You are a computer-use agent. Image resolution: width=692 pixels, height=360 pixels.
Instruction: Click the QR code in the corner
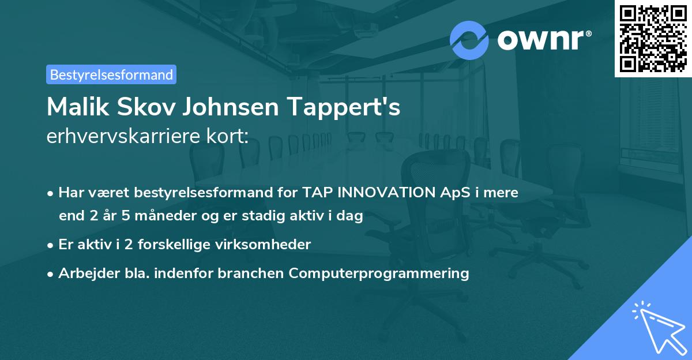point(653,38)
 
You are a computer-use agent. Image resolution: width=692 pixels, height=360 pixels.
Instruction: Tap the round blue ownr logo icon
point(469,40)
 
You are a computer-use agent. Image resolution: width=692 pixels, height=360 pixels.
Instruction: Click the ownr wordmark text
point(544,40)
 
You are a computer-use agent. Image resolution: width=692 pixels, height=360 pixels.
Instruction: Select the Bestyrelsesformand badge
point(111,74)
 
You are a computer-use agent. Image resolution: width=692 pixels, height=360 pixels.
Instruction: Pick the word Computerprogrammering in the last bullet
point(379,273)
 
